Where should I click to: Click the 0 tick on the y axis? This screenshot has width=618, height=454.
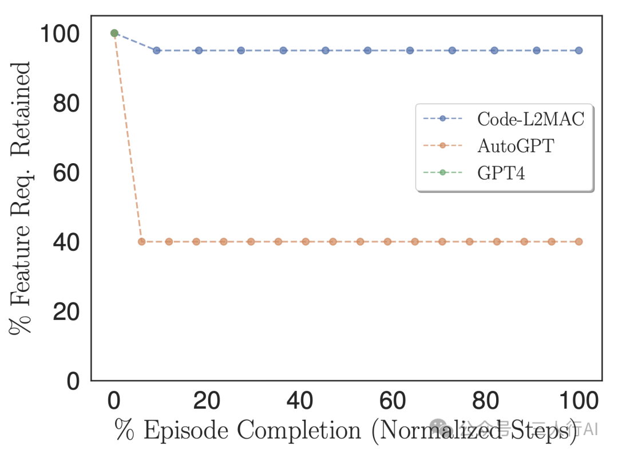pyautogui.click(x=74, y=381)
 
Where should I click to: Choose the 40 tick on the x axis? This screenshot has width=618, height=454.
pyautogui.click(x=300, y=401)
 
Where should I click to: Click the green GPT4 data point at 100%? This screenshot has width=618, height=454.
pyautogui.click(x=114, y=33)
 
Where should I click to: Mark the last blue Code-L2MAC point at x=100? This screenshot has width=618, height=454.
pyautogui.click(x=579, y=50)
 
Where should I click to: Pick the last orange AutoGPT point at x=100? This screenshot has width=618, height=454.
pyautogui.click(x=579, y=242)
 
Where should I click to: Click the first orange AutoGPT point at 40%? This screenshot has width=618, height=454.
pyautogui.click(x=141, y=242)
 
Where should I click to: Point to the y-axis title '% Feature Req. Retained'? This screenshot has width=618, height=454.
pyautogui.click(x=21, y=198)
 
